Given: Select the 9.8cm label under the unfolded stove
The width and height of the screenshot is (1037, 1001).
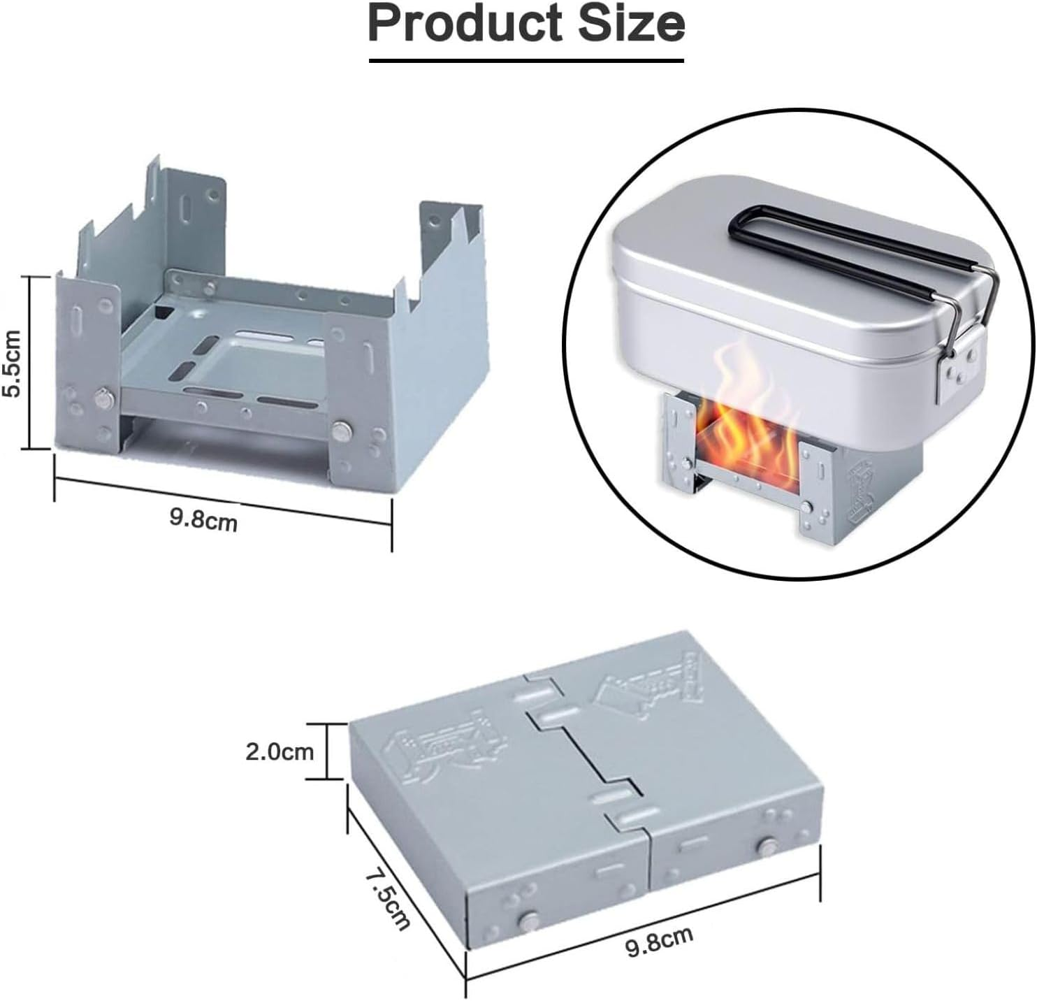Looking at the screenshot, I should click(203, 519).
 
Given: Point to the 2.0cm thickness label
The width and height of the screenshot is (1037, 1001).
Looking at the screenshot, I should click(280, 751).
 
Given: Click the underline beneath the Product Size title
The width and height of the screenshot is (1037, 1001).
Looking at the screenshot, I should click(526, 61).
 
